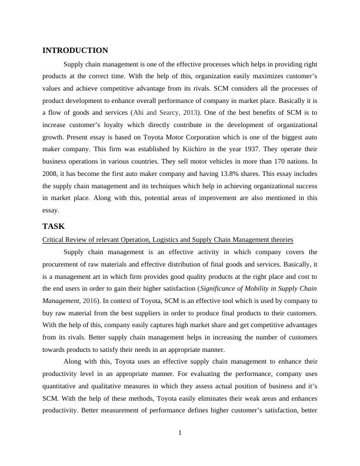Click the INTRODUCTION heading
(75, 51)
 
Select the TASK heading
(54, 226)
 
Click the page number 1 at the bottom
(180, 434)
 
